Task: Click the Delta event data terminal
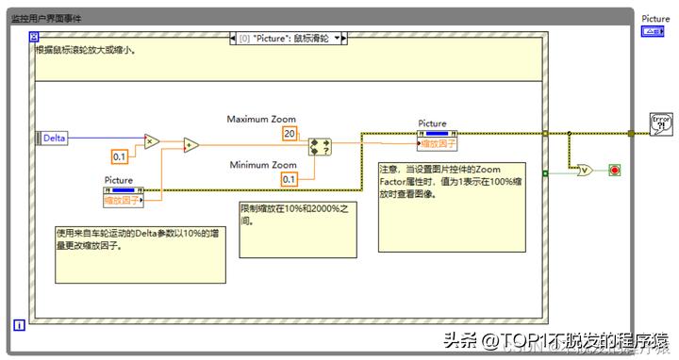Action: point(54,138)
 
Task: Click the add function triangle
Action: point(191,145)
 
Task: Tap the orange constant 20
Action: point(290,134)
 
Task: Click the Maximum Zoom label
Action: point(261,120)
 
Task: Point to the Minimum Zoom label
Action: point(263,165)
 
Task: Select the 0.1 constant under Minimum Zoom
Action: point(289,179)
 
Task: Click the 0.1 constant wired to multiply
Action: point(120,155)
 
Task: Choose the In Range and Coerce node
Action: point(321,146)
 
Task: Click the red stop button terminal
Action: point(615,170)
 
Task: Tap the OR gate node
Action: point(585,171)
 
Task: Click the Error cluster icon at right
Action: point(660,124)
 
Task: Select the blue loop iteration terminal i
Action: point(18,325)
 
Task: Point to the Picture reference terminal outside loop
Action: point(654,31)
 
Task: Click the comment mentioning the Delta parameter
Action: point(140,252)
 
